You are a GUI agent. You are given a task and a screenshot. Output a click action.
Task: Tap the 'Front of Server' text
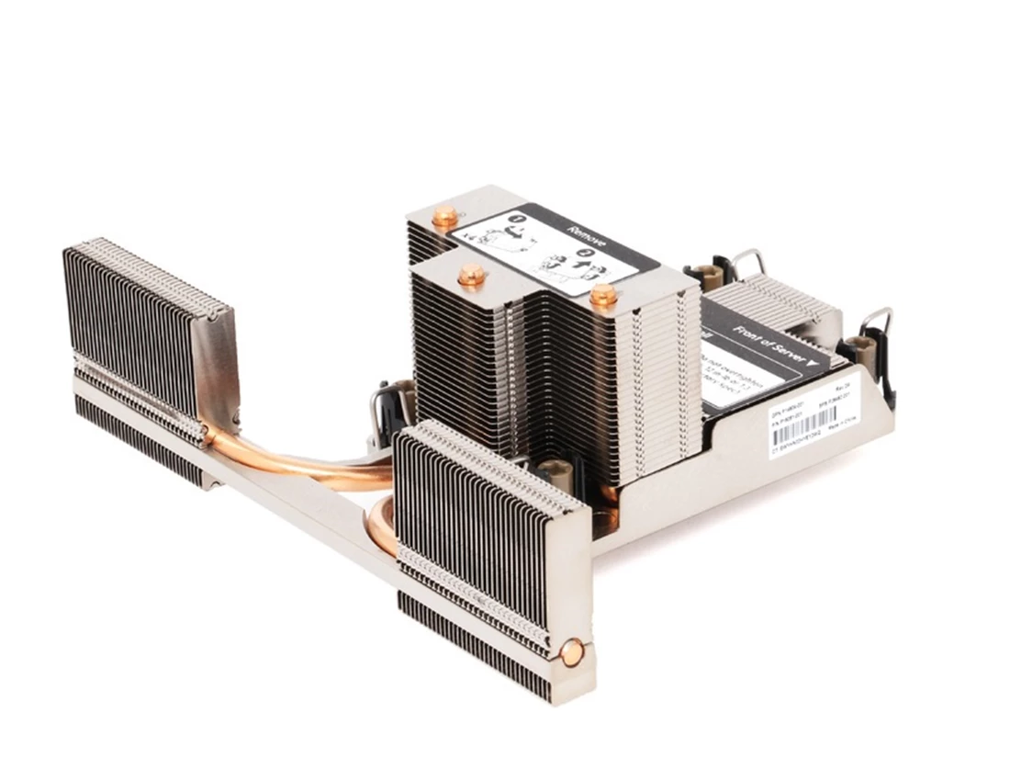(x=763, y=339)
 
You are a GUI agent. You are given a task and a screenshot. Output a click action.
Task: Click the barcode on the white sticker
(x=812, y=424)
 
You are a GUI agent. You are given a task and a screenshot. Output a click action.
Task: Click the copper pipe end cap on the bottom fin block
(x=572, y=653)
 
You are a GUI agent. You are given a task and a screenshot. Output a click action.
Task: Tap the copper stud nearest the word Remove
(x=445, y=219)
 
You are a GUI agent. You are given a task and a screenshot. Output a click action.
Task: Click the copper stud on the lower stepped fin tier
(x=472, y=275)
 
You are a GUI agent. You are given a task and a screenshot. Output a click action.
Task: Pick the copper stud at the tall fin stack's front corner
(x=603, y=295)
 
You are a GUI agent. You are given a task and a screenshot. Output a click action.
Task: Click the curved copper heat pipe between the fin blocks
(x=303, y=464)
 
